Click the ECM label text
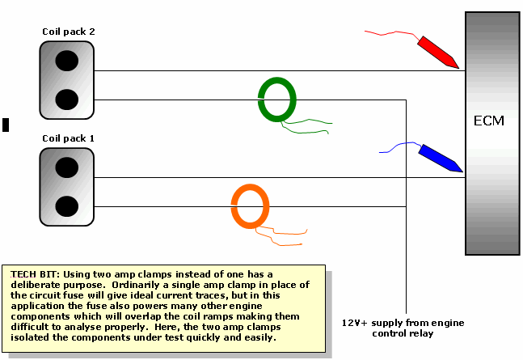489,121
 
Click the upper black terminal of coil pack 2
67,60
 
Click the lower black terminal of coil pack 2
67,99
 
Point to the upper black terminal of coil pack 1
67,167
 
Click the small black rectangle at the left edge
6,125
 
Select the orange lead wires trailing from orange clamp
279,237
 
